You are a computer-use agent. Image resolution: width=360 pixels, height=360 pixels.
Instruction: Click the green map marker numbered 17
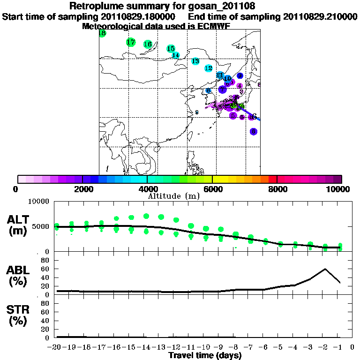click(131, 42)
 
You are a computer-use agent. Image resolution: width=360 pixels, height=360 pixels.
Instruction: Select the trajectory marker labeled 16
click(148, 44)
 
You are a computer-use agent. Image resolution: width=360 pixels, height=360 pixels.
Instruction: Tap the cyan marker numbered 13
click(195, 61)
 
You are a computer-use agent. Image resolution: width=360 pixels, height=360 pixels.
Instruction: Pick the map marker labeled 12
click(209, 68)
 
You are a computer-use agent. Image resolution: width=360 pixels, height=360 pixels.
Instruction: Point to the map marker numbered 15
click(171, 49)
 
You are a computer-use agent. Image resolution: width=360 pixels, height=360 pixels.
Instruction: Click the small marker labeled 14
click(176, 55)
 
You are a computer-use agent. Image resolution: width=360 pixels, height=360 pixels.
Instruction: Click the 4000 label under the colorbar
click(147, 189)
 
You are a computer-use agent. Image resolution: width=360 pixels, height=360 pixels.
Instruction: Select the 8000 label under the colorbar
click(277, 189)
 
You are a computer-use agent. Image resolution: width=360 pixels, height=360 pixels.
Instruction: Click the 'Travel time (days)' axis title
click(205, 356)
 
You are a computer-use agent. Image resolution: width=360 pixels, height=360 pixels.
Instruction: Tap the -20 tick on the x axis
click(56, 347)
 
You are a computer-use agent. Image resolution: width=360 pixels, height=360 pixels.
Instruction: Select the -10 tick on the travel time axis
click(205, 347)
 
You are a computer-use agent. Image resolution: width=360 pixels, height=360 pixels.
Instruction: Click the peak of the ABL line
click(325, 269)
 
